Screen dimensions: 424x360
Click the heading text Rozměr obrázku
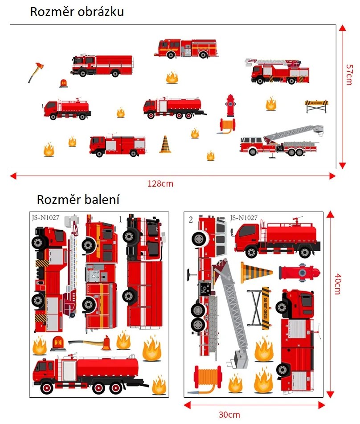77,12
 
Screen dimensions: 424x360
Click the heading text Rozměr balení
78,200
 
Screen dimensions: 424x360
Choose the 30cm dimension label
229,415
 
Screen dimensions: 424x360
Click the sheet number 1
120,219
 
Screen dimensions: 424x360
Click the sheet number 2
191,220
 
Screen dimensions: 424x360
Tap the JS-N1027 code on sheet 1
46,219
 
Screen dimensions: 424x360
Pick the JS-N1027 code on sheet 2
244,218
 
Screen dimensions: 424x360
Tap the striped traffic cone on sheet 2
256,272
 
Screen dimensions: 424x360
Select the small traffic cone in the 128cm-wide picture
165,144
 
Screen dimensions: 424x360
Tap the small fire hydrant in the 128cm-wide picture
230,106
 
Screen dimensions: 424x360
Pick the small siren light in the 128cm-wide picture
64,83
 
